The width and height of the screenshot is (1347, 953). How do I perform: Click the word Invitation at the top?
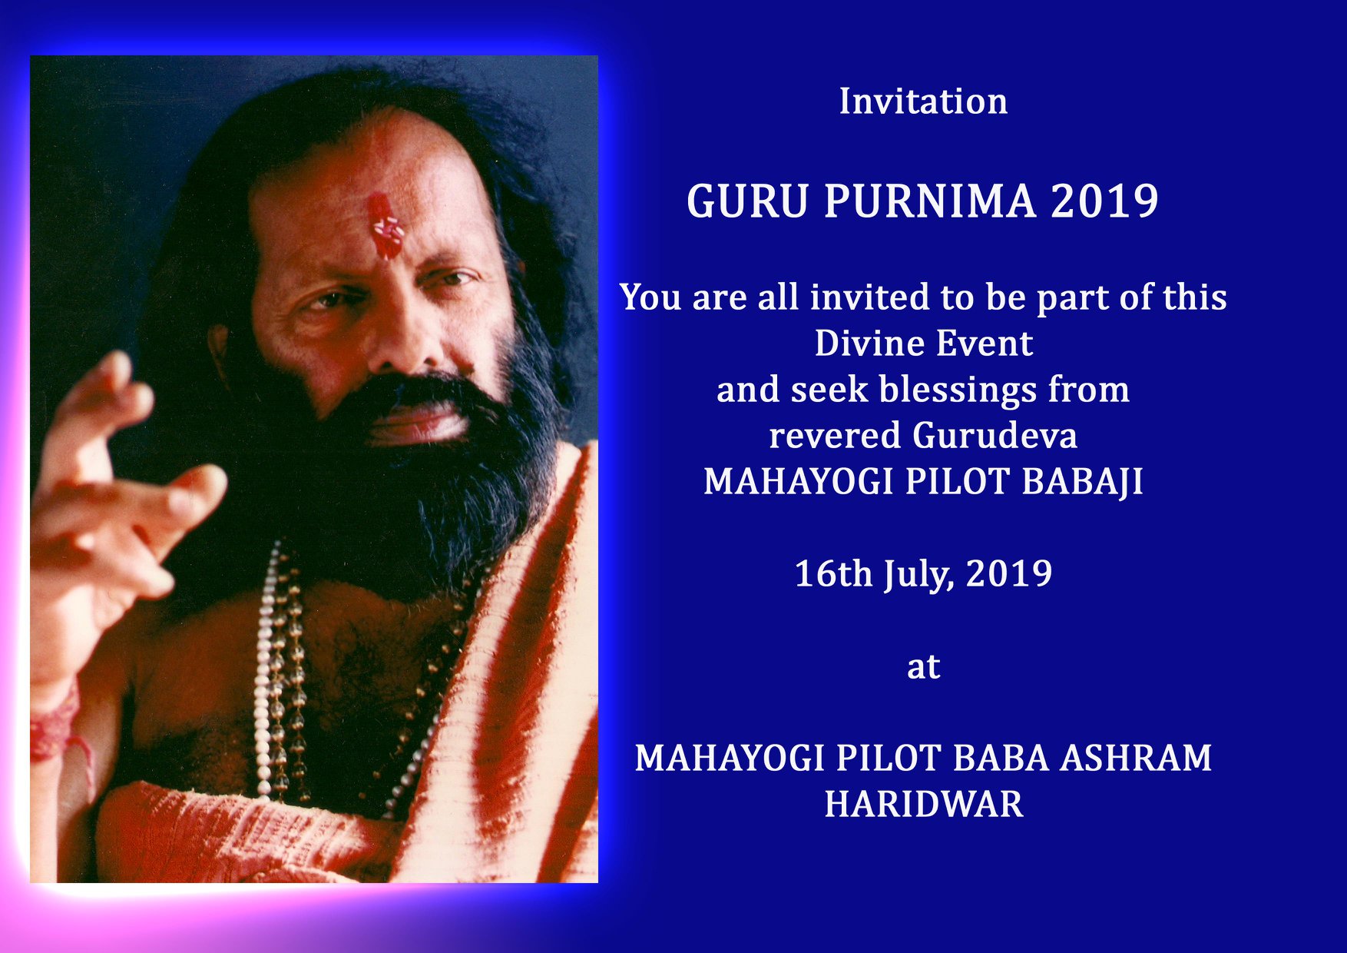(923, 101)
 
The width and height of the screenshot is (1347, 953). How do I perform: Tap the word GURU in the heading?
(747, 201)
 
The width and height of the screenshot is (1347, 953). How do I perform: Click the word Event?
(984, 343)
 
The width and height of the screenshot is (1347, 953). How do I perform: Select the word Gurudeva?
(995, 436)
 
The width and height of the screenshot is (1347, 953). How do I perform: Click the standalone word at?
(923, 667)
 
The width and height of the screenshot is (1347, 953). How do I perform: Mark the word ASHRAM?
(1136, 759)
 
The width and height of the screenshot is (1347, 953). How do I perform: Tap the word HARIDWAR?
(924, 805)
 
